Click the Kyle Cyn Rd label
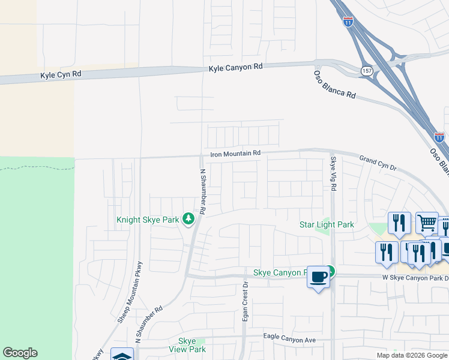60,75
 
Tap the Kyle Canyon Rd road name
236,68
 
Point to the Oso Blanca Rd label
335,85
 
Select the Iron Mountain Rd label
235,154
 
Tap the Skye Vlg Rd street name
333,171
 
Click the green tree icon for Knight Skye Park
188,219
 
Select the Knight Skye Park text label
148,220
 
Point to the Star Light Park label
327,225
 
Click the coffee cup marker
318,277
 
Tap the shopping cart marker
427,223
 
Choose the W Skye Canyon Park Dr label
415,277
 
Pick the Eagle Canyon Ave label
289,340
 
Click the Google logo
20,353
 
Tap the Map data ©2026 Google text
411,355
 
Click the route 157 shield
366,71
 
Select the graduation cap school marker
122,355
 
